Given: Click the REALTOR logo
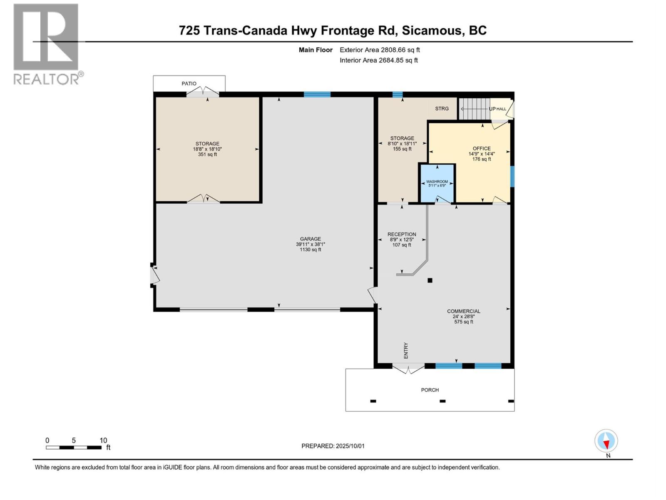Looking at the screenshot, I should (x=46, y=44).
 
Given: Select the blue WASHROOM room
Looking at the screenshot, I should (x=437, y=183).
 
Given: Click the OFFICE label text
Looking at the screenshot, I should (x=482, y=149).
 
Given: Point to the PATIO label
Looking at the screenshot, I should (x=189, y=84).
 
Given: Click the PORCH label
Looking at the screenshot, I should (x=430, y=390).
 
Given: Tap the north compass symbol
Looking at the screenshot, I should (x=606, y=441).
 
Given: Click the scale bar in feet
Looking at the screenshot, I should (x=74, y=447).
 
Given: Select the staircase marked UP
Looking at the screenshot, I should (x=474, y=109).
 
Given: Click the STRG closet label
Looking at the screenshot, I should (x=442, y=108).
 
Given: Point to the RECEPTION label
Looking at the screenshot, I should (x=402, y=235).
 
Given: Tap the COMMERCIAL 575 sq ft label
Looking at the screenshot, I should (x=464, y=316).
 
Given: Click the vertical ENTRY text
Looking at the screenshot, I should (x=406, y=350).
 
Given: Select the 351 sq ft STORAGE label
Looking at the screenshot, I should (x=207, y=149).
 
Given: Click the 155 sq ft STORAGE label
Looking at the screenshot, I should (x=402, y=143).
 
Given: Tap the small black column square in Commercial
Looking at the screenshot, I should (x=430, y=280).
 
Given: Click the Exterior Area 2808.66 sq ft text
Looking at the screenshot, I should (x=380, y=50).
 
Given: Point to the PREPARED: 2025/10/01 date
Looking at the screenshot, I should (x=333, y=446).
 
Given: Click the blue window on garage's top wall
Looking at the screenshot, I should (x=317, y=95).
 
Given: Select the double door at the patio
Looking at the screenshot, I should (x=203, y=92).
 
